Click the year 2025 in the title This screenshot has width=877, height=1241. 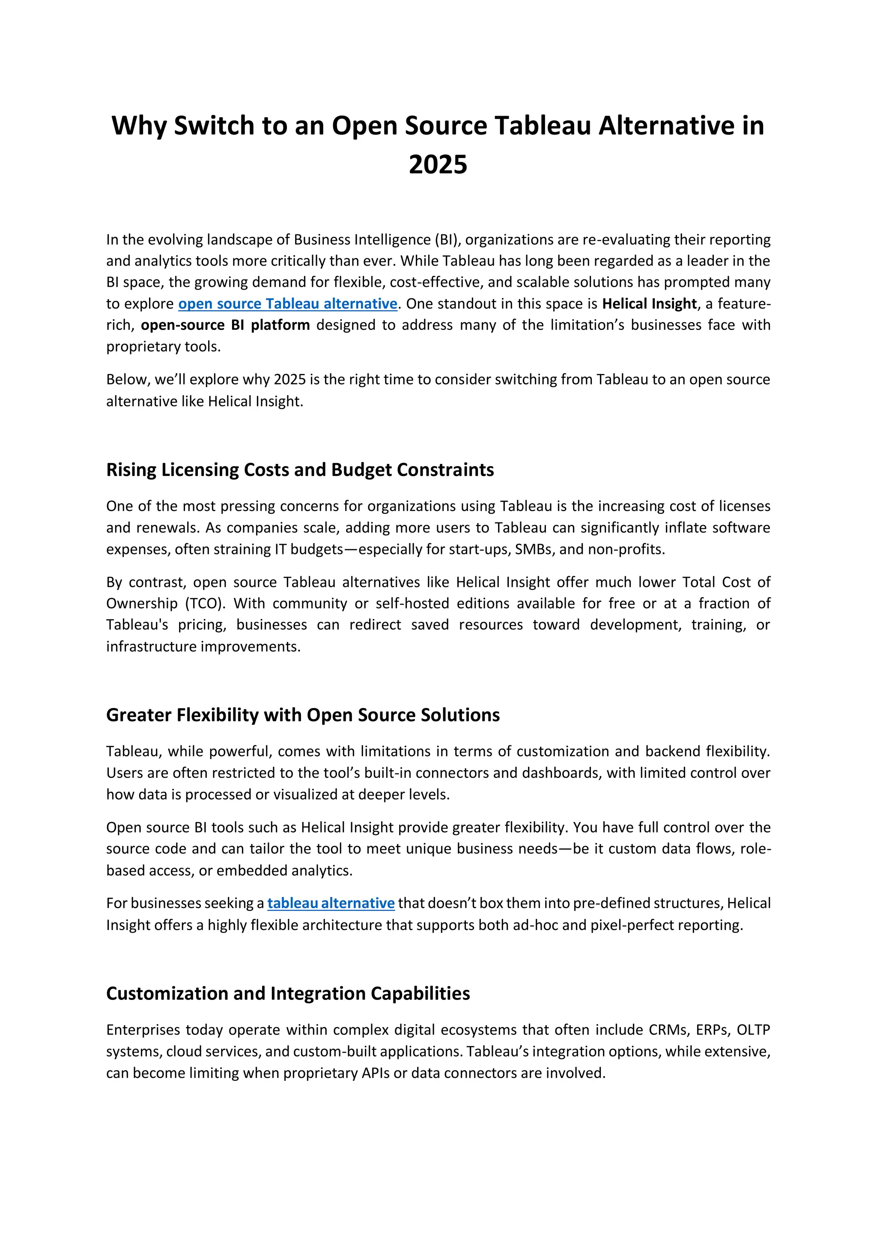coord(438,164)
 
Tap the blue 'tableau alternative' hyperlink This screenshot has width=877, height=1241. coord(331,903)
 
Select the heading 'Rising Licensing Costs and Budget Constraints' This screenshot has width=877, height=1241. coord(300,469)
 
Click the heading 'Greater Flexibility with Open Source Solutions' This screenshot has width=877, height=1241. coord(303,715)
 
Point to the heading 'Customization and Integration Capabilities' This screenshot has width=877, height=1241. coord(288,993)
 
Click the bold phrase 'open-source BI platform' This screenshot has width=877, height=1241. coord(225,325)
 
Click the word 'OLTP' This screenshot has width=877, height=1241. coord(753,1030)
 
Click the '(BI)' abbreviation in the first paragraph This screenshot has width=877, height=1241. coord(446,239)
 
